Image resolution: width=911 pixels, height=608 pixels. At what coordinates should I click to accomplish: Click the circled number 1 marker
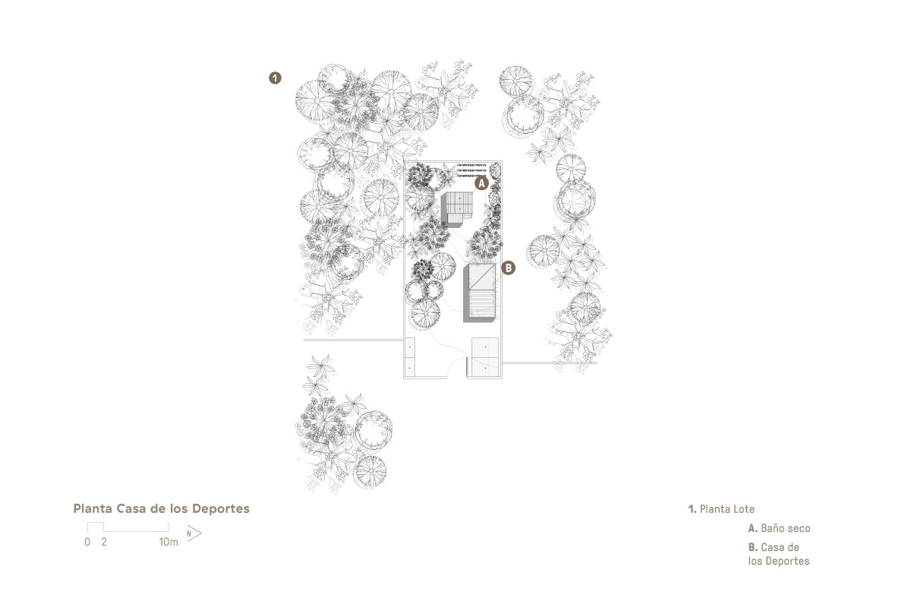point(275,78)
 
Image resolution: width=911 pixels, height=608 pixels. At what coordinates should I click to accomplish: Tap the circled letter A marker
point(481,183)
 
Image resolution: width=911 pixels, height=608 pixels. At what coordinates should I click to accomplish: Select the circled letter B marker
point(508,268)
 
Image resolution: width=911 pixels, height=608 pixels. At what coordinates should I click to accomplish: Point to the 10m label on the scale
point(169,542)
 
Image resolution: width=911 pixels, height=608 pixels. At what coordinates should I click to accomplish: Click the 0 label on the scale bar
point(87,542)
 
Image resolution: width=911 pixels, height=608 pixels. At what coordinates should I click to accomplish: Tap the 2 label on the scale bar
point(104,542)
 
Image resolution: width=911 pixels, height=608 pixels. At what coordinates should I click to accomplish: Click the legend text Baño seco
point(785,528)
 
